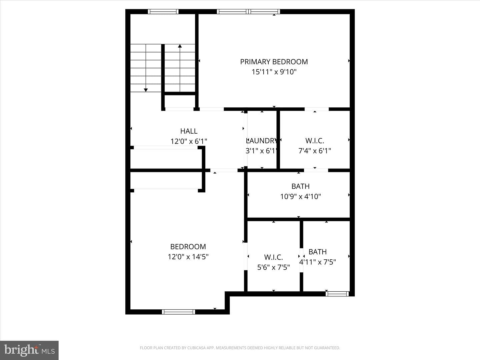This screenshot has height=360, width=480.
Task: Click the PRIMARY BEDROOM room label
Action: [274, 62]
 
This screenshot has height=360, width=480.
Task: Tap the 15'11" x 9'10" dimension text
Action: [274, 72]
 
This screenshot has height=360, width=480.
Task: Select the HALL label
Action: [189, 131]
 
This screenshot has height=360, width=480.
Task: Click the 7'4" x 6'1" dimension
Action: [315, 151]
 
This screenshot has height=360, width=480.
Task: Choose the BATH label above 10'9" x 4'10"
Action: [300, 186]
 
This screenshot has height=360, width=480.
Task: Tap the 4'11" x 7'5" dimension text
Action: [318, 262]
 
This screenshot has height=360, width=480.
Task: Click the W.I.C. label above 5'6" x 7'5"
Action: [273, 257]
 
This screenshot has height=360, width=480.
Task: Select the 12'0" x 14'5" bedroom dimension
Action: [188, 257]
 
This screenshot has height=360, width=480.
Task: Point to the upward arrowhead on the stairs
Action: [180, 46]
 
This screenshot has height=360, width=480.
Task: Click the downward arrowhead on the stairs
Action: [146, 90]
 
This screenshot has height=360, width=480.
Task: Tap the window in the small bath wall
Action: [337, 294]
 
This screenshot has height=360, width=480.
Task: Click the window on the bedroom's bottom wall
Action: [178, 312]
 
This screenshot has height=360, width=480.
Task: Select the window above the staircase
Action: [163, 12]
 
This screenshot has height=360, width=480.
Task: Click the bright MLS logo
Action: [29, 350]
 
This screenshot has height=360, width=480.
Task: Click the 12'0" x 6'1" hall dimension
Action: [189, 141]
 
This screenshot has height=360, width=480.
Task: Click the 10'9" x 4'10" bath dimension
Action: [300, 197]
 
